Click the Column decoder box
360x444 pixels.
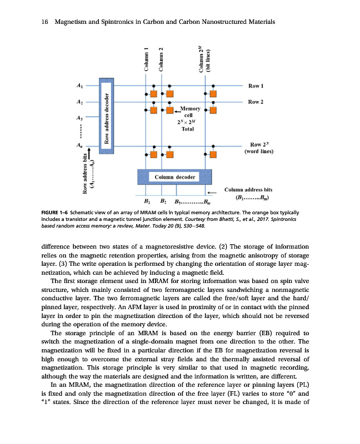[x=174, y=176]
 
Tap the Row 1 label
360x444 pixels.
[x=256, y=87]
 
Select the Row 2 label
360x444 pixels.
[x=256, y=102]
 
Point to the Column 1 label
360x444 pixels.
[x=146, y=59]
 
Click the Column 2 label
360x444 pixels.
[x=161, y=59]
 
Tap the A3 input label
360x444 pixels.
[x=80, y=118]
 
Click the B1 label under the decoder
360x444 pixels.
[x=147, y=201]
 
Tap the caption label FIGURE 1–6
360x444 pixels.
[x=54, y=213]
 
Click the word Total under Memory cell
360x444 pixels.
[x=188, y=129]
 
